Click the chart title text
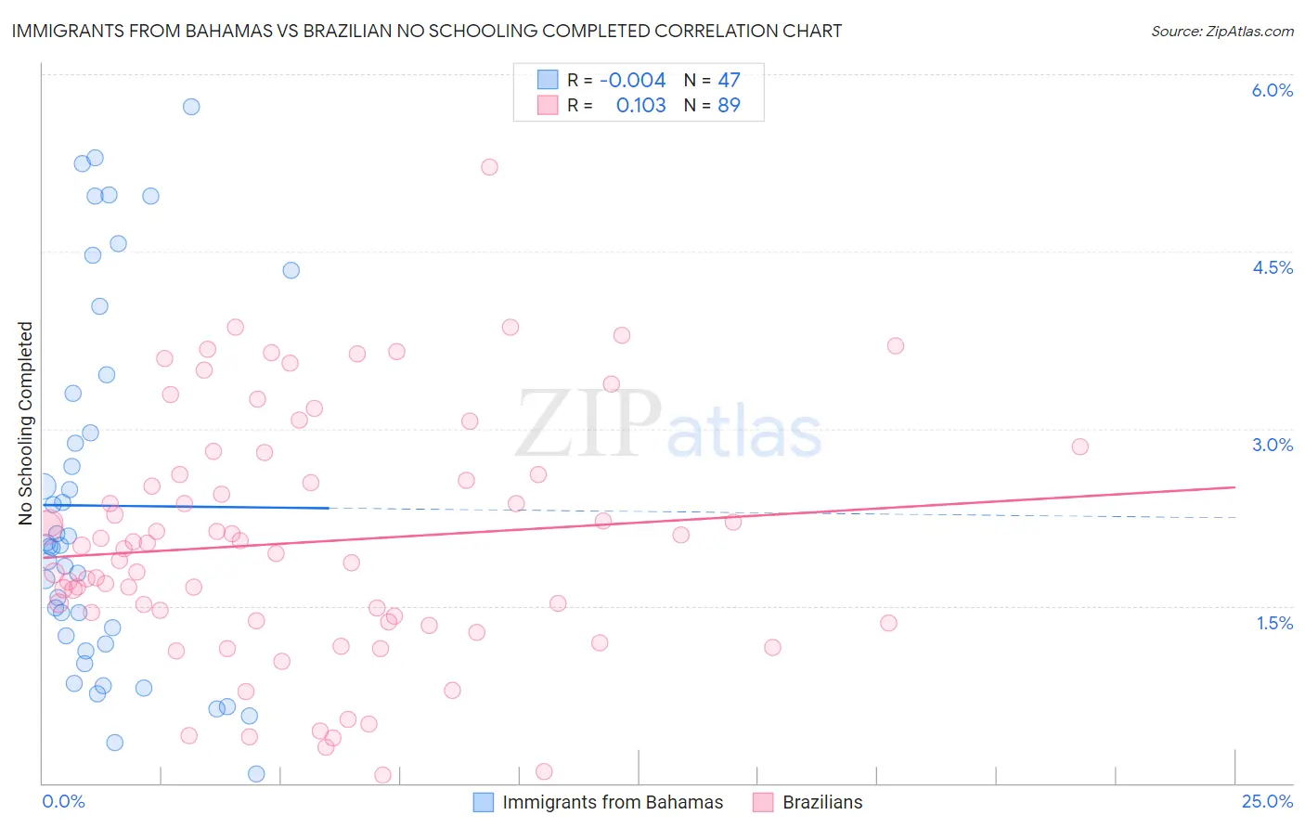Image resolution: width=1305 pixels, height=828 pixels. pyautogui.click(x=427, y=31)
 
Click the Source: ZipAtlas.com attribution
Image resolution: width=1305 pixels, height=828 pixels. pyautogui.click(x=1221, y=31)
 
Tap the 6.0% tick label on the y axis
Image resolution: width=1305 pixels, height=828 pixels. pyautogui.click(x=1272, y=90)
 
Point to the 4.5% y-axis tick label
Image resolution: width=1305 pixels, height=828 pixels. pyautogui.click(x=1272, y=267)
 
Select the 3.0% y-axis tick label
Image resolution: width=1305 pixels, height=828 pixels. pyautogui.click(x=1272, y=445)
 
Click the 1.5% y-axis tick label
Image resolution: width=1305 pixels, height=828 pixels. pyautogui.click(x=1274, y=623)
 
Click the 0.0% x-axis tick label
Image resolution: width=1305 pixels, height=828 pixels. pyautogui.click(x=63, y=801)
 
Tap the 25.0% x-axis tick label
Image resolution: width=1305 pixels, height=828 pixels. pyautogui.click(x=1267, y=801)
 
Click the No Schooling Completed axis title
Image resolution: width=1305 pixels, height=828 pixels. pyautogui.click(x=26, y=423)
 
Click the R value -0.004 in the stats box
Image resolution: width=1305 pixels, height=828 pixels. pyautogui.click(x=632, y=81)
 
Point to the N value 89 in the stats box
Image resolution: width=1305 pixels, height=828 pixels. pyautogui.click(x=729, y=106)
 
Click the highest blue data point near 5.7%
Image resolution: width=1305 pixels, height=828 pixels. pyautogui.click(x=191, y=107)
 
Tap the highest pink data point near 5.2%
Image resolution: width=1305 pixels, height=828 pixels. pyautogui.click(x=489, y=167)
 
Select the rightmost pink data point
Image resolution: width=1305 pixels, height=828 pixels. pyautogui.click(x=1079, y=446)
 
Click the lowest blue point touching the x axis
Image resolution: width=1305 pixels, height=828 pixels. pyautogui.click(x=256, y=774)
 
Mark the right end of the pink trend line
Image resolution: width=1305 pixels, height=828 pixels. pyautogui.click(x=1234, y=487)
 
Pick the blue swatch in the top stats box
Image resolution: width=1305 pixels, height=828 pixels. pyautogui.click(x=548, y=81)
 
